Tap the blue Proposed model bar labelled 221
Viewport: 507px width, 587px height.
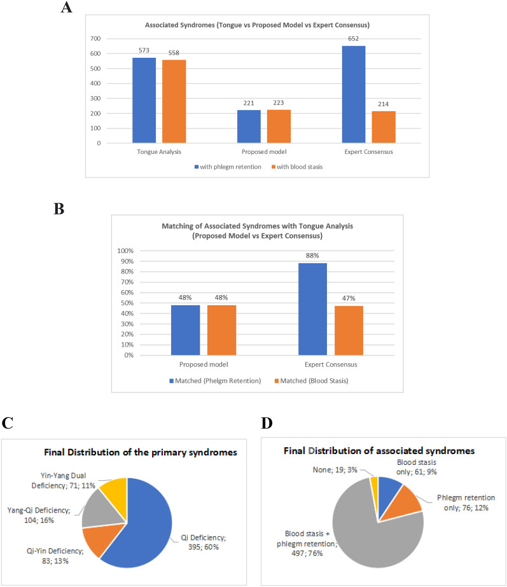tap(249, 126)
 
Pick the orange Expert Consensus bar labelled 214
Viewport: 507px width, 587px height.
tap(384, 127)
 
